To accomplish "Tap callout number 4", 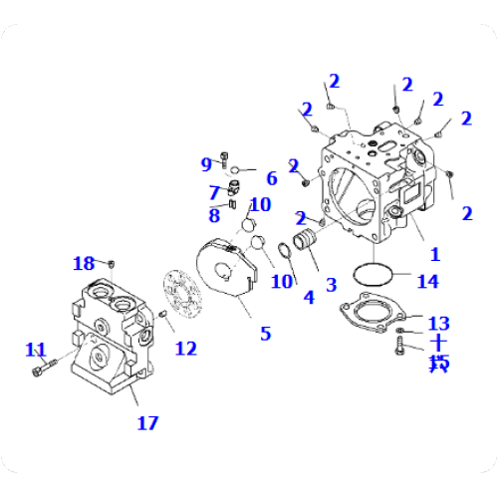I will point(308,296).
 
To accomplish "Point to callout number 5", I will point(265,333).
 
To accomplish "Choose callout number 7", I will point(214,192).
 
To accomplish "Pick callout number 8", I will point(214,214).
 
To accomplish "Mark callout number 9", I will point(207,163).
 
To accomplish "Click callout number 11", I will point(37,349).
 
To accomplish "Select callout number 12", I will point(185,348).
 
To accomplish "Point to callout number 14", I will point(427,281).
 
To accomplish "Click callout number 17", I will point(147,422).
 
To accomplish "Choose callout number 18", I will point(84,263).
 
